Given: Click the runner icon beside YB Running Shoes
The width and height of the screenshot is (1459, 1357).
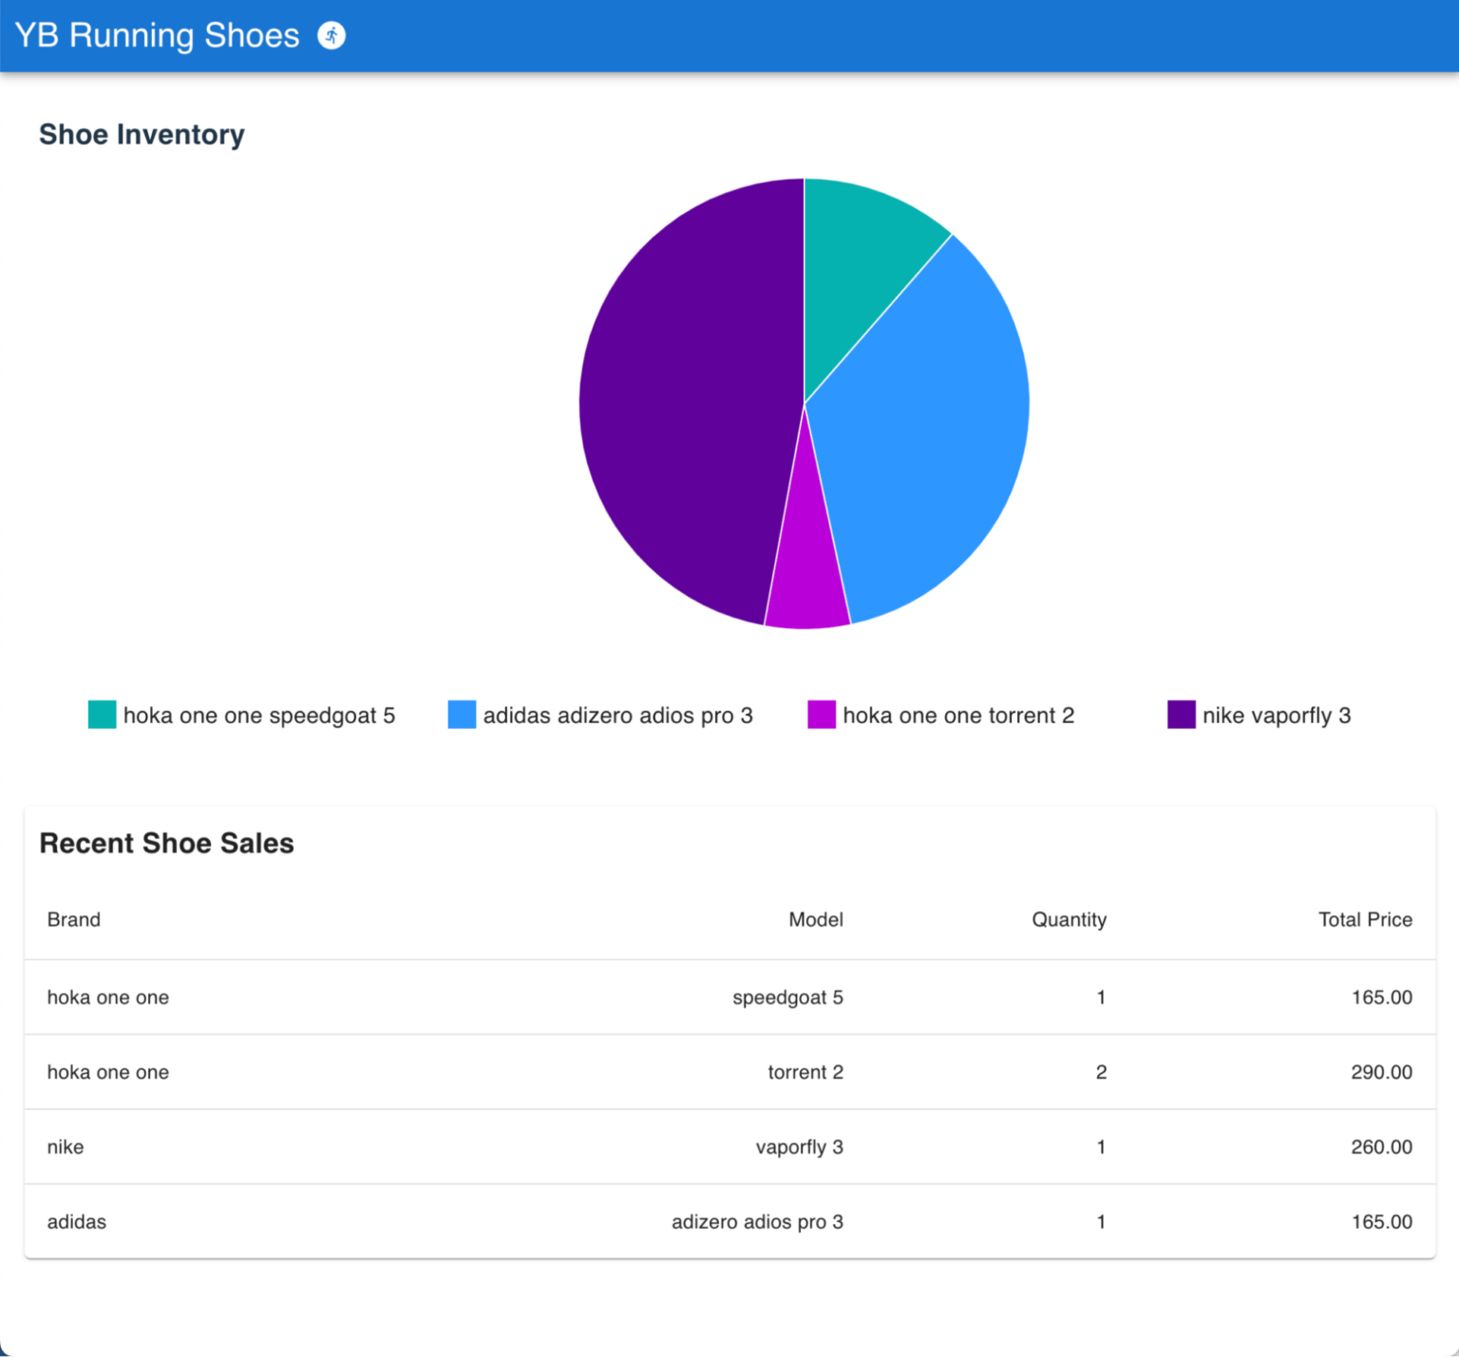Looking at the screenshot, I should (332, 36).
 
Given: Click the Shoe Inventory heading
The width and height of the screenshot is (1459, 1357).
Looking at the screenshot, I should (142, 135).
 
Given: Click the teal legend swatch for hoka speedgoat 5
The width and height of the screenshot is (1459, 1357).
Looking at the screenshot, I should (102, 715).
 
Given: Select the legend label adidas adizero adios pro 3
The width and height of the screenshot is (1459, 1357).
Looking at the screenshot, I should (617, 716).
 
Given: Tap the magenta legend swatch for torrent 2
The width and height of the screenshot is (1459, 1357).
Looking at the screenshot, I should (821, 715).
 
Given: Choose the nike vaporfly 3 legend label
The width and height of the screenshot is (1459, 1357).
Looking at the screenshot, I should (1276, 716).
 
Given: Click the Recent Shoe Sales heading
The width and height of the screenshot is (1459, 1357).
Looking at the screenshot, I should (166, 843).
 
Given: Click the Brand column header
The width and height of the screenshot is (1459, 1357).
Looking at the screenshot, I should (74, 920).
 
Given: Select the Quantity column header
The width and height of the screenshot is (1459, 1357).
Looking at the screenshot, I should (1069, 920).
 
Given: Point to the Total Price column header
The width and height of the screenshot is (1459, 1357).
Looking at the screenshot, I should (1364, 920).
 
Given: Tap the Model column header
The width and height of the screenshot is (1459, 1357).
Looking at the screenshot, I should (815, 920).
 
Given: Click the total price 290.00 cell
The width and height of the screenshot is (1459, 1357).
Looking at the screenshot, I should (1381, 1072).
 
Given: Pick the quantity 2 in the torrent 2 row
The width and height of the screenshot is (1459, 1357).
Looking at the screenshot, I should (1101, 1072).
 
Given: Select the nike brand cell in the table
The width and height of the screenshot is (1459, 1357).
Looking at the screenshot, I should (66, 1147).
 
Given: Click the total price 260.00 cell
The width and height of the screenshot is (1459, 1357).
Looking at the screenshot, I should (1381, 1147).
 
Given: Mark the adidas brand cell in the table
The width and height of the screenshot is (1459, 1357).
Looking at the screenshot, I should (77, 1222).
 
